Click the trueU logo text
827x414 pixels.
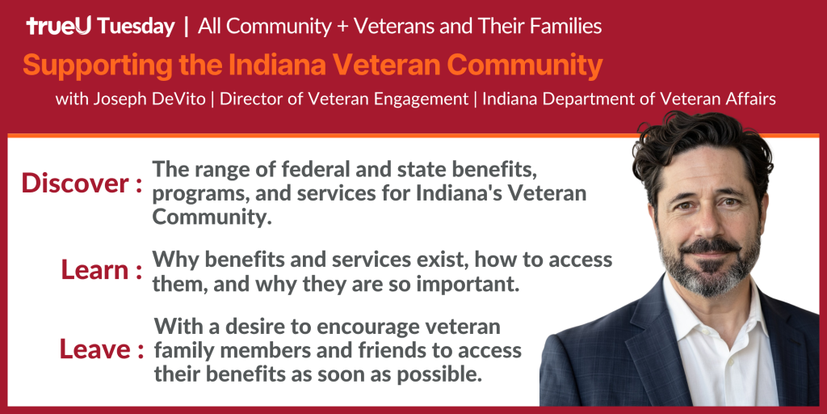(59, 26)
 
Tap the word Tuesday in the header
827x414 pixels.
(136, 27)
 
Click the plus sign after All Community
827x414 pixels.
(342, 27)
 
